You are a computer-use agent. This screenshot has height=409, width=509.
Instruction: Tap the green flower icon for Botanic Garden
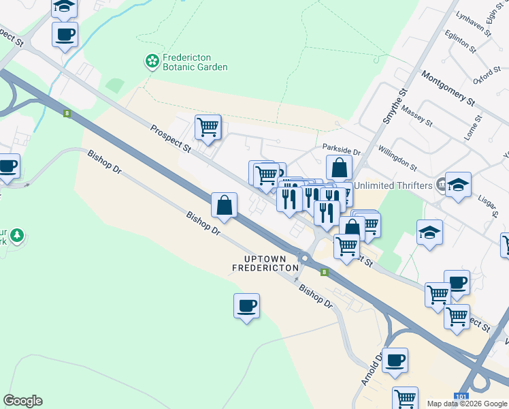click(151, 63)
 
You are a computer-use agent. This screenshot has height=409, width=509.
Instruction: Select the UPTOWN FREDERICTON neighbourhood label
click(265, 263)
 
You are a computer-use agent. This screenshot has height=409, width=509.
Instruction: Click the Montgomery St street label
click(448, 89)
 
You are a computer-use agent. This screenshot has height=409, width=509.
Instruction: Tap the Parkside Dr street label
click(341, 147)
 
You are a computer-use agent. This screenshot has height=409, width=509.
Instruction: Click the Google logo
click(22, 401)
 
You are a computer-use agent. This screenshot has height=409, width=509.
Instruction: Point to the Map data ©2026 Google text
click(467, 404)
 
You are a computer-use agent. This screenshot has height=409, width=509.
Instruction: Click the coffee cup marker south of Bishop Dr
click(246, 306)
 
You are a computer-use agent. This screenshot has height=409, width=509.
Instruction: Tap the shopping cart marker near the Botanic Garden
click(208, 127)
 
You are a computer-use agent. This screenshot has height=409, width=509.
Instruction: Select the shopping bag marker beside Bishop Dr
click(224, 204)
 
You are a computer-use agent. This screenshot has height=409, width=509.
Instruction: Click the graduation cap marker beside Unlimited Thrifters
click(458, 184)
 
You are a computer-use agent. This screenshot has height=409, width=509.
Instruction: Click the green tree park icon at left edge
click(16, 237)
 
